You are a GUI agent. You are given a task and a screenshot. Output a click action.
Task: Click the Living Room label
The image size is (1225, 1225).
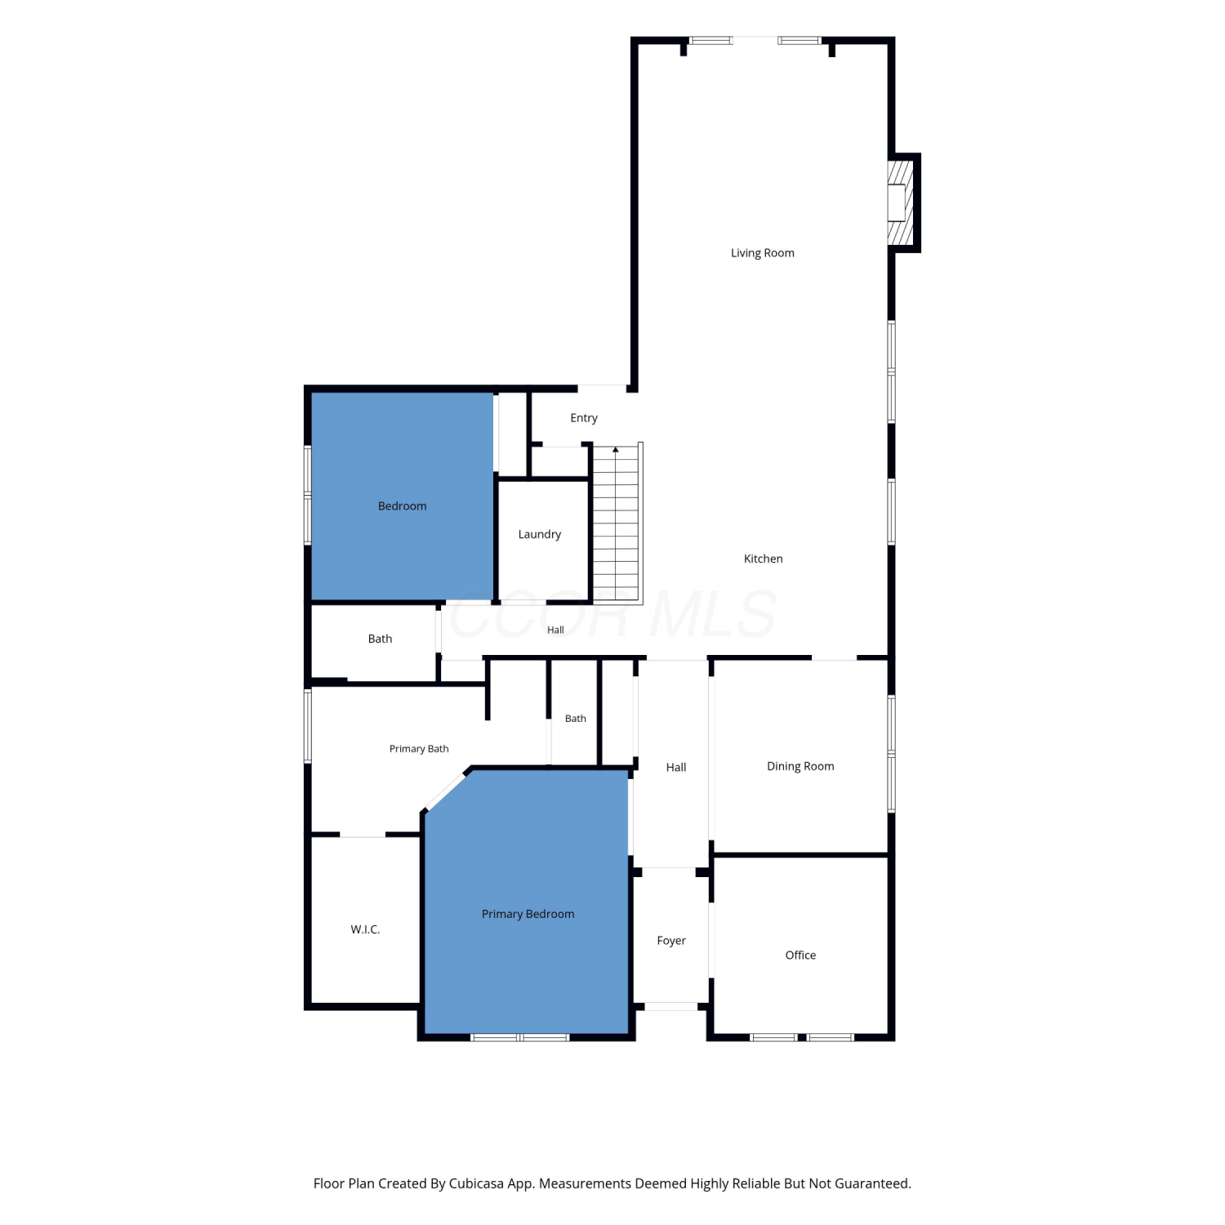click(x=762, y=253)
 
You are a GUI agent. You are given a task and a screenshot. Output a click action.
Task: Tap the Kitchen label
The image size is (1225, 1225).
click(x=763, y=559)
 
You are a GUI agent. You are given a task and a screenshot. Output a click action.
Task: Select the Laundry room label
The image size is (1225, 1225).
click(x=539, y=535)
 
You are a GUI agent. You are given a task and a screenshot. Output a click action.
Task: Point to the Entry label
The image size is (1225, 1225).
click(x=583, y=418)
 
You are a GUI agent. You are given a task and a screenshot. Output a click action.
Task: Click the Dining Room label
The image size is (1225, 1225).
click(x=800, y=766)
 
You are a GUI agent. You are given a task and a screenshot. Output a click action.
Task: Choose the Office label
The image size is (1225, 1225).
click(x=800, y=955)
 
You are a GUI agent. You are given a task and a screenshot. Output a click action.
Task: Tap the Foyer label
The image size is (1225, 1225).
click(x=671, y=941)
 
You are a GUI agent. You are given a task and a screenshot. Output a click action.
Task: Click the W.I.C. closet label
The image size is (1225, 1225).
click(x=365, y=929)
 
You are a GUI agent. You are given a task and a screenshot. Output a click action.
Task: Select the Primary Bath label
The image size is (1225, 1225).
click(x=418, y=749)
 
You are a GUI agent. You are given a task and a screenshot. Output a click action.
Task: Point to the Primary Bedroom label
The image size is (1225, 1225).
click(x=528, y=915)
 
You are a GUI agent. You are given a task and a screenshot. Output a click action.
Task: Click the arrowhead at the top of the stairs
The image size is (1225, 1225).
click(x=616, y=449)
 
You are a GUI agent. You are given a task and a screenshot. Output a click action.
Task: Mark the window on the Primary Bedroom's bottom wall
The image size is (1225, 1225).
click(x=519, y=1037)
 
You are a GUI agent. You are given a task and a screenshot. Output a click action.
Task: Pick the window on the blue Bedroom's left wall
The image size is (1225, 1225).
click(x=308, y=495)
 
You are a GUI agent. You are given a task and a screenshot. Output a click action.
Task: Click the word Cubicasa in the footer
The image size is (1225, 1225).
click(x=476, y=1183)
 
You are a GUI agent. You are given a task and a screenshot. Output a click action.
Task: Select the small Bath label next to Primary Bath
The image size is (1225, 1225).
click(x=575, y=719)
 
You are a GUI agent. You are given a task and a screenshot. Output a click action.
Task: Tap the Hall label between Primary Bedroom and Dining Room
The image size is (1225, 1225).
click(x=675, y=768)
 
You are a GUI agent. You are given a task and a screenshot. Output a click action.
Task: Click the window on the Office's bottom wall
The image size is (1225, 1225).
click(x=802, y=1037)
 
